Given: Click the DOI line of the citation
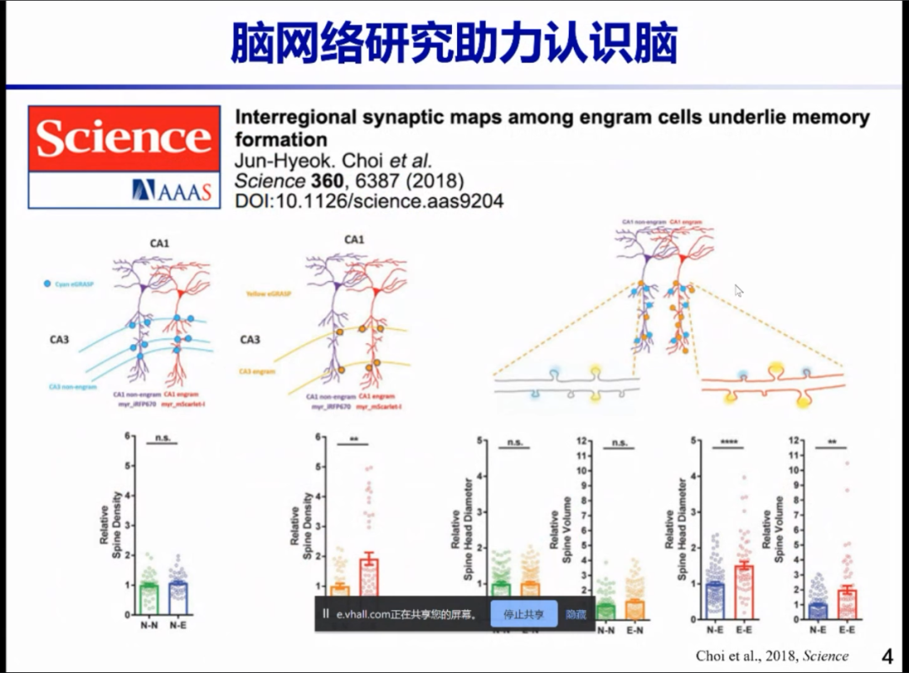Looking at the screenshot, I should point(369,201).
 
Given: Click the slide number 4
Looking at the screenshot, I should point(886,655).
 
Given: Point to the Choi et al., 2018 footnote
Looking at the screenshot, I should point(772,656).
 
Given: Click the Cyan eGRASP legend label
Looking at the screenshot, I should point(74,284).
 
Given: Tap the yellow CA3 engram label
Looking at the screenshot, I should point(258,370).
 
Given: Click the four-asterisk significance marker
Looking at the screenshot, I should point(728,442).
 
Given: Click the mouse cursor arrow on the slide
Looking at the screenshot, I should point(738,290).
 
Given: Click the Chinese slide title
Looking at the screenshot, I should point(454,44).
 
